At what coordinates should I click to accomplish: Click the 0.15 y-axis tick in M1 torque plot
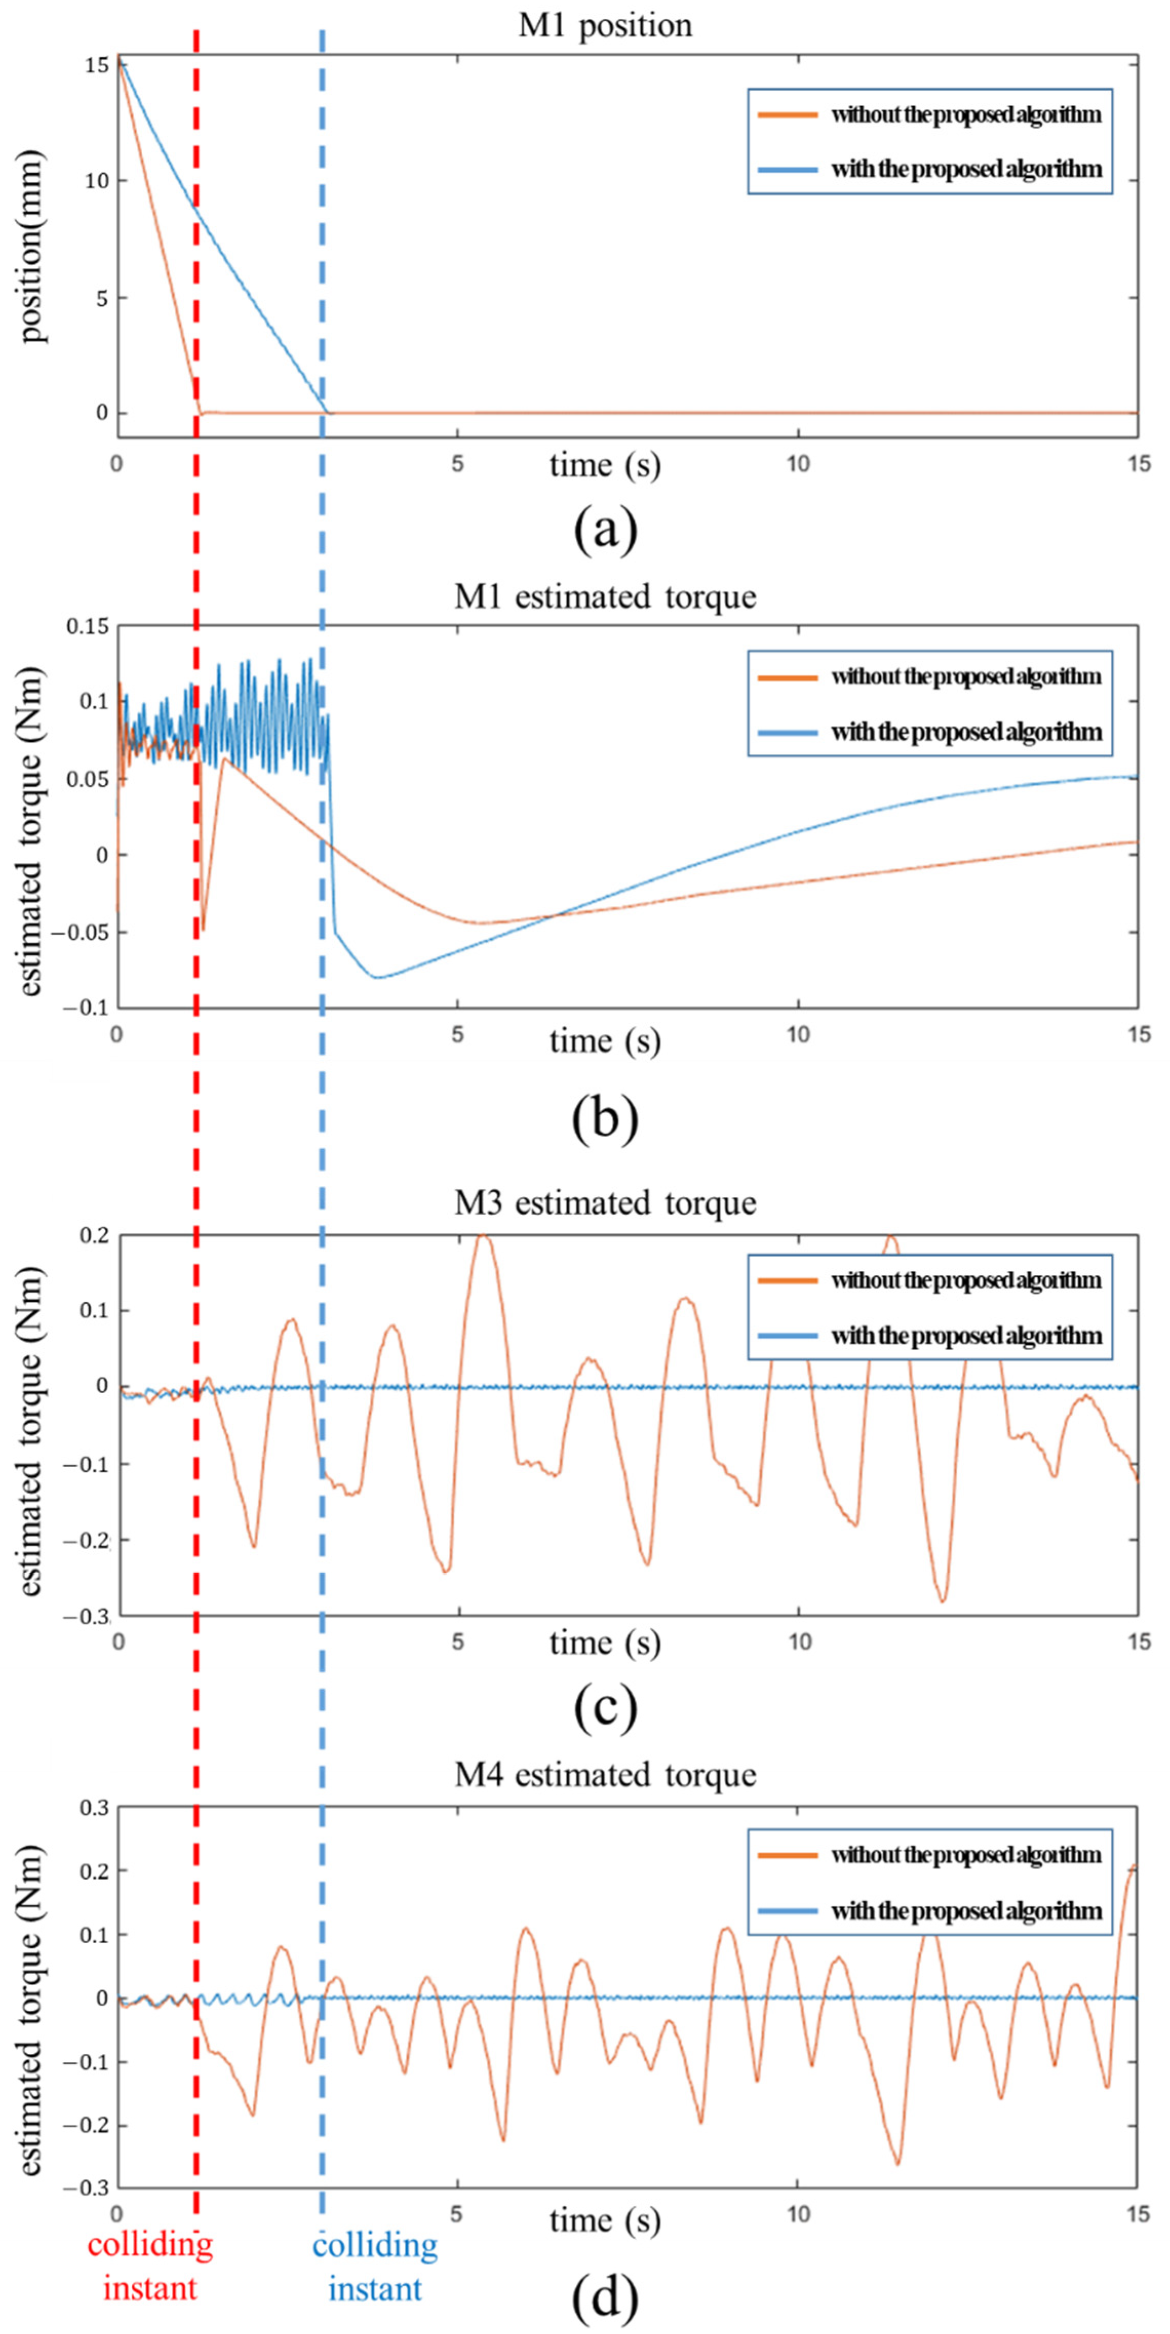point(87,627)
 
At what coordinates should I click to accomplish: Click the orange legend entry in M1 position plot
point(929,115)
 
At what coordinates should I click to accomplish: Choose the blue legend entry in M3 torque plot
point(929,1336)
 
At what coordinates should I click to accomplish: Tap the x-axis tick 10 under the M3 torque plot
point(798,1641)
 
